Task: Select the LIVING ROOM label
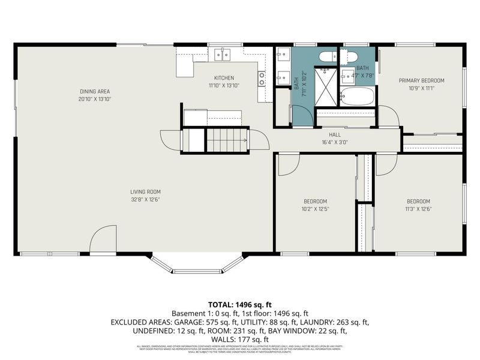click(x=145, y=192)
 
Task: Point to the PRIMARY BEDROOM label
click(x=421, y=80)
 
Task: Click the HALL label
click(x=335, y=135)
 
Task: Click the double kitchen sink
click(x=223, y=55)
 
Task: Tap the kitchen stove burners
click(x=262, y=78)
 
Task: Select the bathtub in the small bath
click(x=358, y=96)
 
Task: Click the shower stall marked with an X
click(x=326, y=86)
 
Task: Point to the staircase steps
click(x=227, y=140)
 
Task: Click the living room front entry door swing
click(x=102, y=240)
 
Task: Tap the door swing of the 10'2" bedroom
click(x=289, y=164)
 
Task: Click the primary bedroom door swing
click(x=387, y=116)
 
